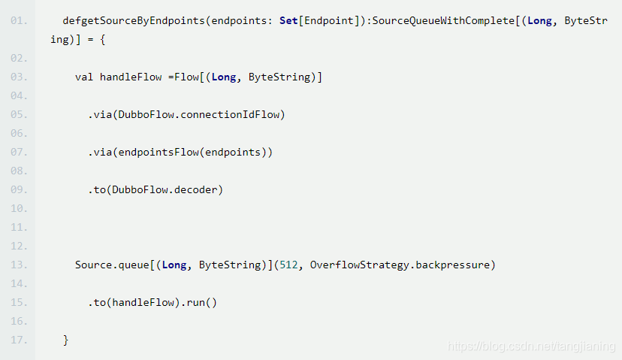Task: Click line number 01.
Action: click(19, 20)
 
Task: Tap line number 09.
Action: click(19, 189)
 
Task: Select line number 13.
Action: click(19, 265)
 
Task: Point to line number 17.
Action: click(19, 340)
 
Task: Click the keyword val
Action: click(84, 77)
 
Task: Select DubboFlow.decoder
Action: click(168, 189)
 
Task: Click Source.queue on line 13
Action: click(112, 265)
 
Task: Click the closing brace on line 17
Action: click(66, 340)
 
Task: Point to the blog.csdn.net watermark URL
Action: click(530, 346)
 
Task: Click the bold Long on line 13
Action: click(174, 265)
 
